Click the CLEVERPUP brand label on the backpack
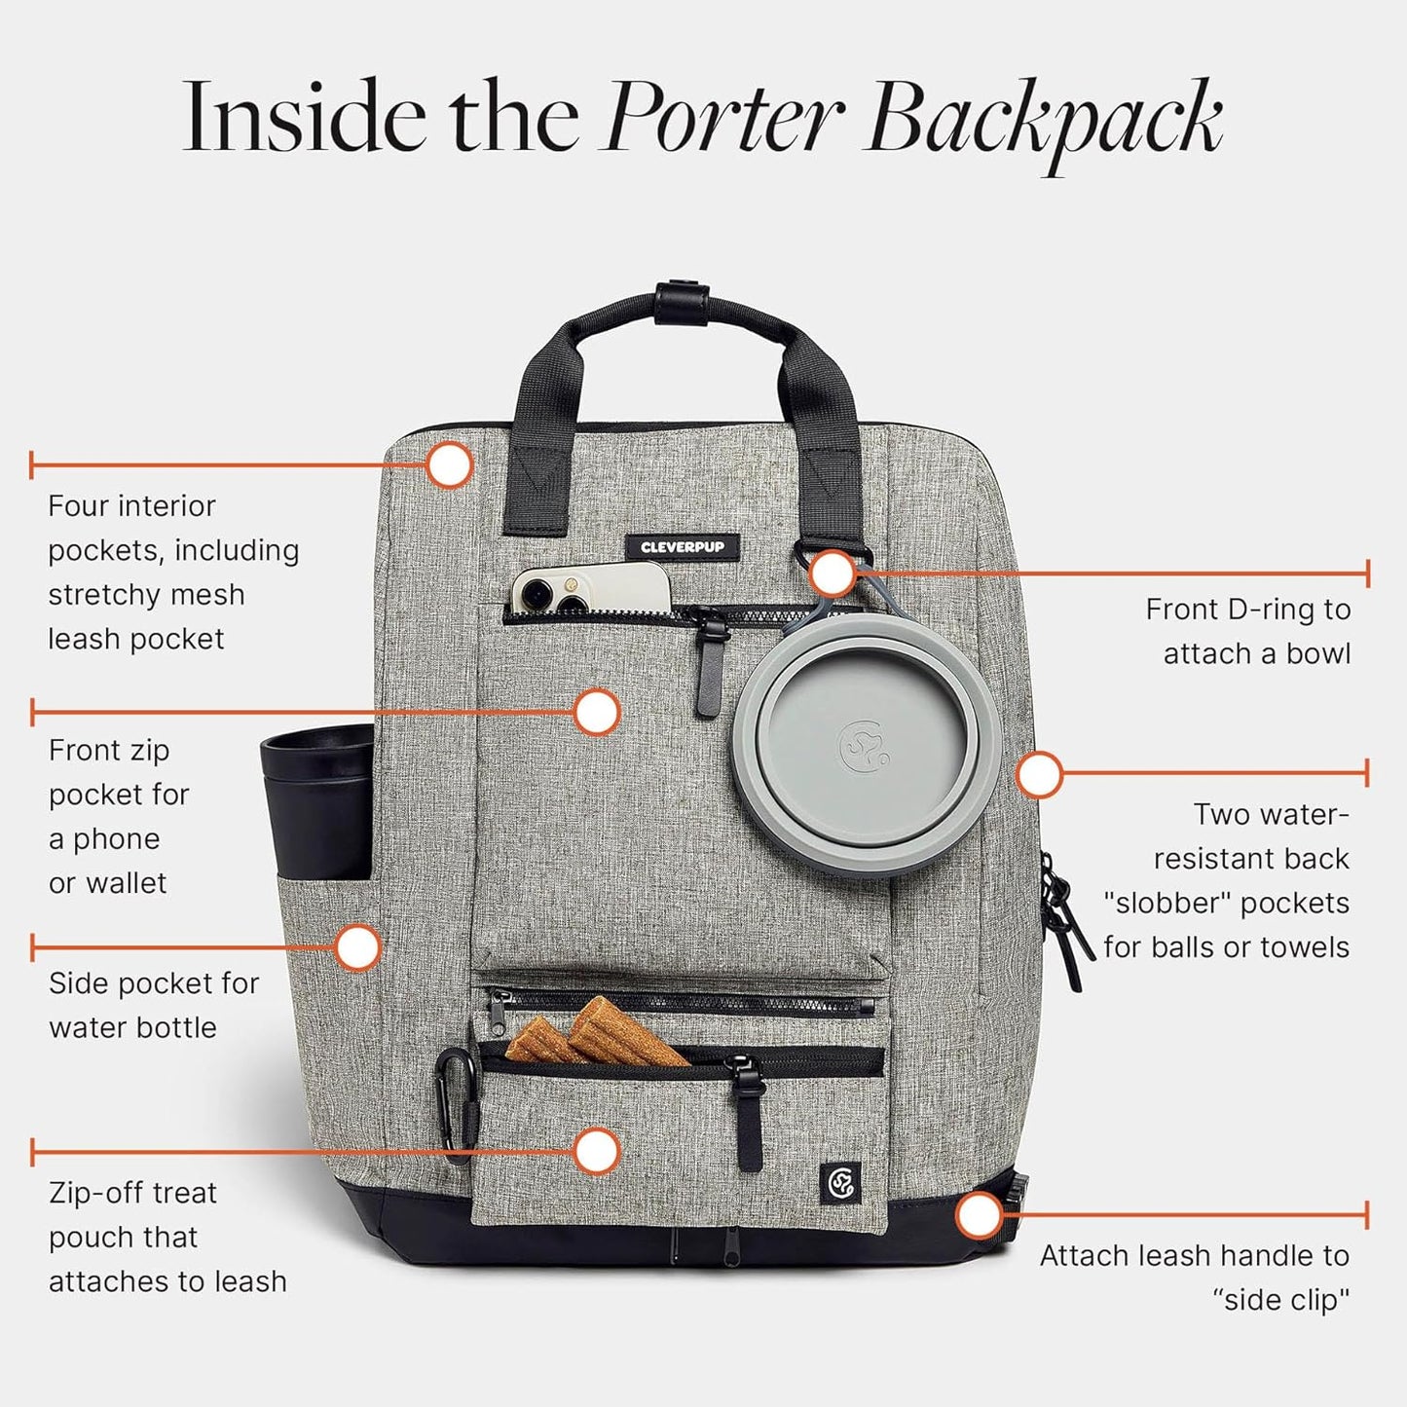pos(682,547)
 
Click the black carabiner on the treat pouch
pos(455,1095)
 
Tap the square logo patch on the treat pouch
pos(840,1183)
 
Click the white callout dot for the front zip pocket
pos(596,712)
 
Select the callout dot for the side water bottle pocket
pos(358,947)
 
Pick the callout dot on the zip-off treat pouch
pos(596,1152)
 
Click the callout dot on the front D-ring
pos(833,574)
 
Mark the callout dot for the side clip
pos(979,1215)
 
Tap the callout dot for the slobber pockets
pos(1039,775)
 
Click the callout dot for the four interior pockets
pos(449,464)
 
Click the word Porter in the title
pos(725,120)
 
